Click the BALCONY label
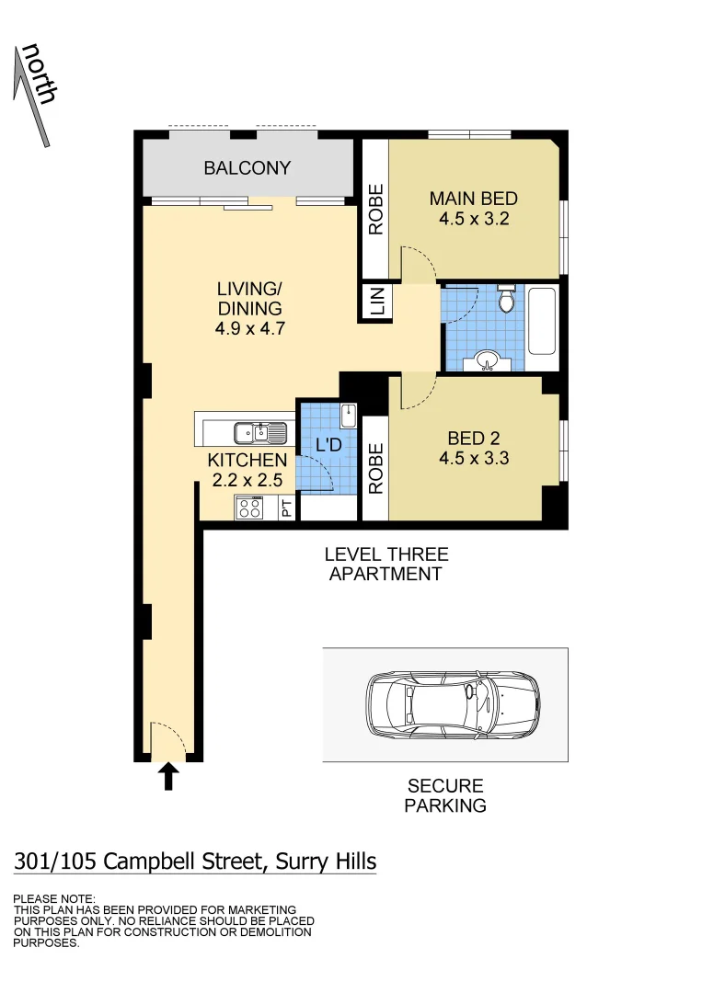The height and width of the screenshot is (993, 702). pos(247,168)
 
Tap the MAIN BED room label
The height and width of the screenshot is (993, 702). pos(474,199)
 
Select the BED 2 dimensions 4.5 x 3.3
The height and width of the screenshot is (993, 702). pos(472,458)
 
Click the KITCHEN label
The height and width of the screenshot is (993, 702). pos(247,460)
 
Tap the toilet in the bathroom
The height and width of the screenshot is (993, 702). pos(505,301)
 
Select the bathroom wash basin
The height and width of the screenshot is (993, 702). pos(488,360)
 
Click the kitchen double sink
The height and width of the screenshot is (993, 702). pos(250,431)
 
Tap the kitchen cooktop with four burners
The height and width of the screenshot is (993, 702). pos(249,507)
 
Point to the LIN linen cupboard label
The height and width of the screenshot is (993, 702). pos(377,302)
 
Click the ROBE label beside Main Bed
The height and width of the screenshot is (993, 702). pos(375,211)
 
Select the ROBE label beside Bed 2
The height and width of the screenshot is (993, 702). pos(375,470)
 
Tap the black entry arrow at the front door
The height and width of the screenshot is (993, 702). pos(168,776)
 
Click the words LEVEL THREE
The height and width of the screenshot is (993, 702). pos(386,554)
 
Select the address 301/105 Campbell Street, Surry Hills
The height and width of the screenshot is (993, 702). pos(195,862)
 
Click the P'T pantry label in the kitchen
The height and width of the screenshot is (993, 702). pos(287,508)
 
